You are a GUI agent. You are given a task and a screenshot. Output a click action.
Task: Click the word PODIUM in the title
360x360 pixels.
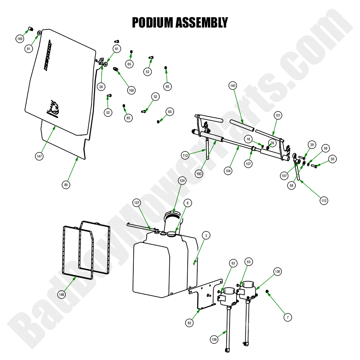(152, 22)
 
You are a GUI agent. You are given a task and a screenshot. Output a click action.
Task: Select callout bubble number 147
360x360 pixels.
(40, 156)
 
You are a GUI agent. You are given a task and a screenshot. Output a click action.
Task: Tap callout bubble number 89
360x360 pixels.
(66, 185)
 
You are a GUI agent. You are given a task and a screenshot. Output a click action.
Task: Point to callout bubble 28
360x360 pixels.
(101, 87)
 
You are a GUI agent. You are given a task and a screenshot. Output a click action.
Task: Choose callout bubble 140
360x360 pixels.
(233, 86)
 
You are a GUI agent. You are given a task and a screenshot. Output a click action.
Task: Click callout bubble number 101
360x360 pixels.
(278, 115)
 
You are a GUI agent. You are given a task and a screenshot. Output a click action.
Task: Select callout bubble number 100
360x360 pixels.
(199, 174)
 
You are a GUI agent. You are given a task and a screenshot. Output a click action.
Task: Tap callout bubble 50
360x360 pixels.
(332, 159)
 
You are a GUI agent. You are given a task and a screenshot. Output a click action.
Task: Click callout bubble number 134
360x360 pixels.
(182, 180)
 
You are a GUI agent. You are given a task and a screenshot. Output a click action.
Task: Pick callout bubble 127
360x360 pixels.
(137, 203)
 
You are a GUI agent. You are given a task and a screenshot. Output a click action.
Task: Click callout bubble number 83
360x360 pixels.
(190, 323)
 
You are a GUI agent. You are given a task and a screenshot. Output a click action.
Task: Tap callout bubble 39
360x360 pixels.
(312, 145)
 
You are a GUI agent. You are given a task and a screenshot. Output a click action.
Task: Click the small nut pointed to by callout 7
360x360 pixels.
(268, 292)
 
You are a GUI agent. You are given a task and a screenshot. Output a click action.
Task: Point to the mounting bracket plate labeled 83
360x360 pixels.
(206, 296)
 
